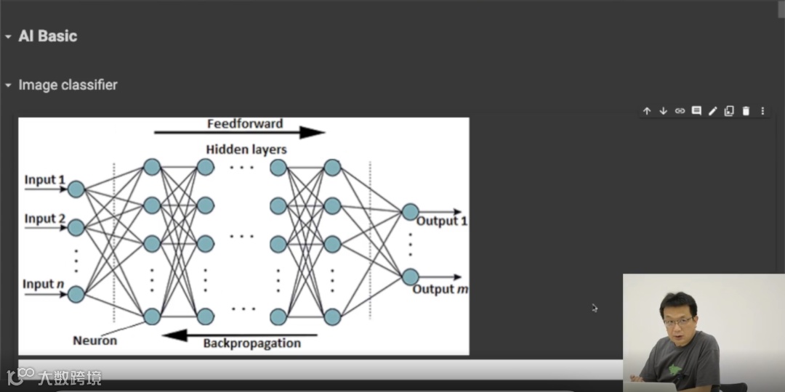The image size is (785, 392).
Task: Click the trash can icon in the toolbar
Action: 746,111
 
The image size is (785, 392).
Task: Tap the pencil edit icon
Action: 713,111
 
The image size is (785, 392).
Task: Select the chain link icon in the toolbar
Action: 680,111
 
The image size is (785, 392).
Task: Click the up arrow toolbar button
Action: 647,111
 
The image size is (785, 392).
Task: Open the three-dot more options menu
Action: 762,111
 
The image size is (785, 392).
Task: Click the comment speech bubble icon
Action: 696,111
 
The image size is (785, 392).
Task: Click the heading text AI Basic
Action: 47,36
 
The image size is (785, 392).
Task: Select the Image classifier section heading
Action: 68,85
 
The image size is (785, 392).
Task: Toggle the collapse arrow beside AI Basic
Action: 8,37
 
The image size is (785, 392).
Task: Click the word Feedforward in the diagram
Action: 245,123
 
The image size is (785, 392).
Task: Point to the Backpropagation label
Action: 251,343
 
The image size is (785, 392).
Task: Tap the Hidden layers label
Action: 246,150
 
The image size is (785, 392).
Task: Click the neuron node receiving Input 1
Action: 76,189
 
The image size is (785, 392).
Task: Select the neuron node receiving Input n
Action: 76,295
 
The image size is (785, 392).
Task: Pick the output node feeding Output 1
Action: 410,212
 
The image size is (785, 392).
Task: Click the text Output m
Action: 440,290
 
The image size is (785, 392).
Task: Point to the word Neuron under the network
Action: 94,340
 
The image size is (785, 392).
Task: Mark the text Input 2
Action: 45,219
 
